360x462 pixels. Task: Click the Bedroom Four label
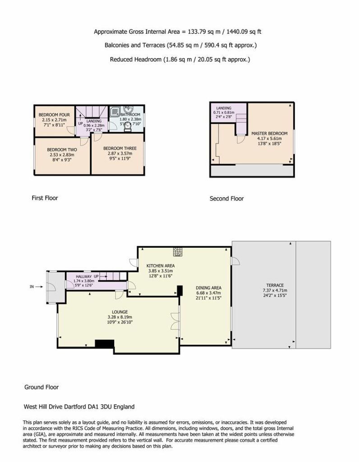[54, 115]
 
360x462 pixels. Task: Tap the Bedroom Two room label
[62, 150]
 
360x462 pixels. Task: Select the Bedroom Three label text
[120, 148]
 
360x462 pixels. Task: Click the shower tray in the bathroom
[115, 111]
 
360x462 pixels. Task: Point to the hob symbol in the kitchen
[178, 252]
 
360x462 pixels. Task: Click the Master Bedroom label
[269, 134]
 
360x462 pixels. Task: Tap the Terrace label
[275, 285]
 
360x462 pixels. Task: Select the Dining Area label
[208, 287]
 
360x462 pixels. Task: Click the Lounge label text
[120, 312]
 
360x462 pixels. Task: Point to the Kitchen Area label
[161, 266]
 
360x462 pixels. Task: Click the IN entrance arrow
[40, 286]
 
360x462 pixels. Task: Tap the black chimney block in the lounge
[105, 344]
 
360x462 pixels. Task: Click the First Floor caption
[45, 198]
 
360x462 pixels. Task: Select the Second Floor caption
[226, 199]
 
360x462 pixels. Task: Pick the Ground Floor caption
[42, 387]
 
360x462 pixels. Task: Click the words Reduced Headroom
[136, 59]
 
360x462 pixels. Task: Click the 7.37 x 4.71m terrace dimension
[275, 290]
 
